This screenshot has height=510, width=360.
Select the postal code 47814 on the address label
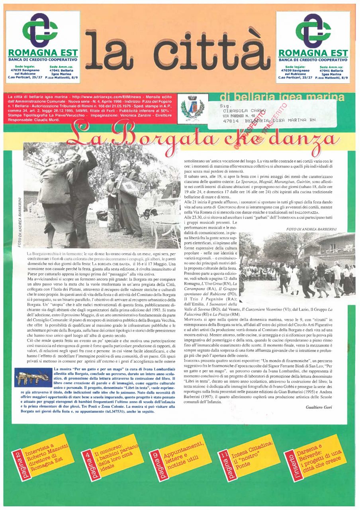(x=231, y=120)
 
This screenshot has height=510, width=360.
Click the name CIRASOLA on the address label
(x=237, y=111)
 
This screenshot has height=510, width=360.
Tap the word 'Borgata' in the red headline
(x=167, y=138)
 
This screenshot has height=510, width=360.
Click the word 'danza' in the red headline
(x=311, y=139)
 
